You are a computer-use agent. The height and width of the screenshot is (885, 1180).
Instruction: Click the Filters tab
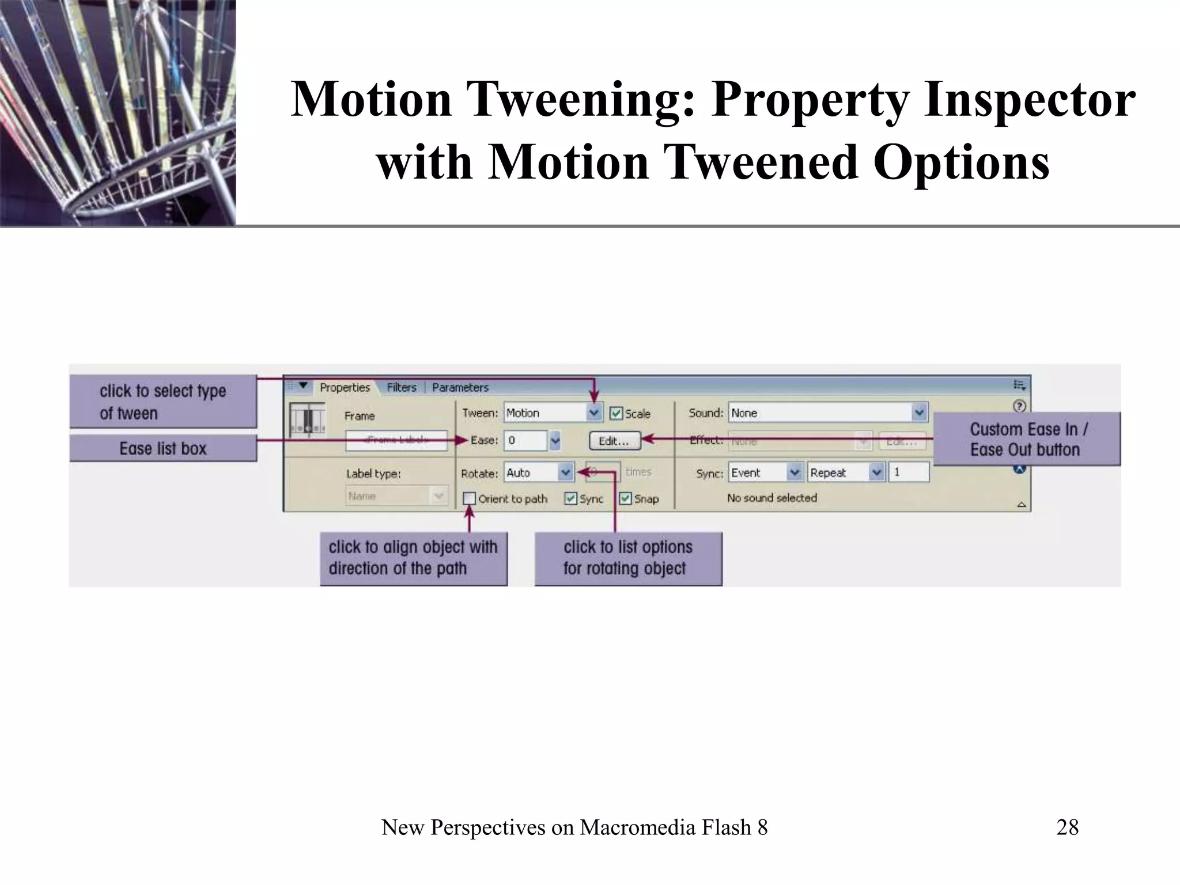click(x=401, y=387)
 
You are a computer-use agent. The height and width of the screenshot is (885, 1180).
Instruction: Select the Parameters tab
click(x=460, y=387)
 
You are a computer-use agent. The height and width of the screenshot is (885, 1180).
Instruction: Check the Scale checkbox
click(x=616, y=413)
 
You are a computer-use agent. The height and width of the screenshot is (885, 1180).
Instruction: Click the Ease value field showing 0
click(x=525, y=441)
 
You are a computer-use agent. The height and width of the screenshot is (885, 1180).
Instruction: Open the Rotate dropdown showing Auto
click(x=566, y=472)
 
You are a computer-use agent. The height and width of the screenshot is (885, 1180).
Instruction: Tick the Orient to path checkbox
click(x=470, y=498)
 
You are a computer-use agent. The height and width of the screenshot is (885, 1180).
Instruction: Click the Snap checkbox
click(x=625, y=498)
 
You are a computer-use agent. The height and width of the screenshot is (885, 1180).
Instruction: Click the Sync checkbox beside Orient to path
click(x=570, y=498)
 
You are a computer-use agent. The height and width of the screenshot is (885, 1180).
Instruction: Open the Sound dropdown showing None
click(x=918, y=413)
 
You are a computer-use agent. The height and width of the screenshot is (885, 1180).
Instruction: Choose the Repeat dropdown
click(x=876, y=472)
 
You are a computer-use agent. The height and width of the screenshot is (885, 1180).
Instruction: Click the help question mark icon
click(x=1019, y=406)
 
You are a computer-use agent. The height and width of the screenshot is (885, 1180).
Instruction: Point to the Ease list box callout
click(x=163, y=448)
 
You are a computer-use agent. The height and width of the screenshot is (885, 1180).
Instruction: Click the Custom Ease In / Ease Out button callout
click(x=1027, y=439)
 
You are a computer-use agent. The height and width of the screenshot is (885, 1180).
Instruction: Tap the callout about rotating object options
click(x=628, y=558)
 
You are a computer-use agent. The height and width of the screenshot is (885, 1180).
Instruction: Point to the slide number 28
click(x=1067, y=827)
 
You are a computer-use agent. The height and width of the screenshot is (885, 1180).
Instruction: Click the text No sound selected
click(x=771, y=498)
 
